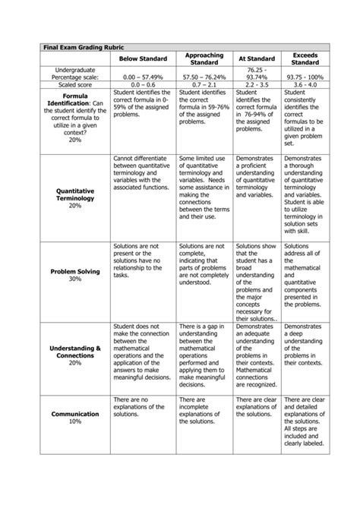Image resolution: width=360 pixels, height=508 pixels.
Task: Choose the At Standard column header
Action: click(x=257, y=59)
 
